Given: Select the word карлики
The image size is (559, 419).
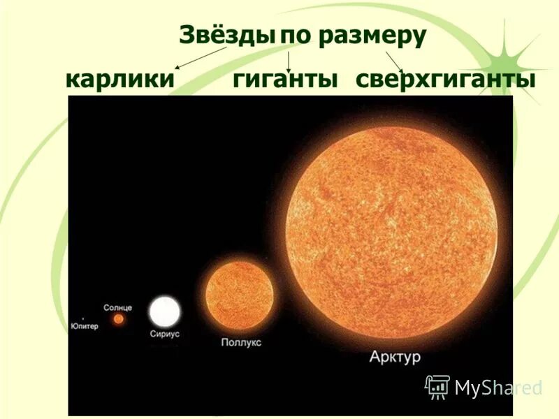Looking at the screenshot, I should (119, 79).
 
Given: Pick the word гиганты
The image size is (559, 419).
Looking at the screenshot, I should (285, 79).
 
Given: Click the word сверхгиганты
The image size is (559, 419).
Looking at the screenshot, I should (445, 79).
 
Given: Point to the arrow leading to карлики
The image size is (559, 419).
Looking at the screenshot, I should (201, 58).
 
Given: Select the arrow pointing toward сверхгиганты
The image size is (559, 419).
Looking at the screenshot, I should (395, 61).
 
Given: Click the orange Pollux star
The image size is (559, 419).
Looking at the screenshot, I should (239, 296).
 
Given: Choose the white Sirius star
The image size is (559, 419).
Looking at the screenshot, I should (165, 311).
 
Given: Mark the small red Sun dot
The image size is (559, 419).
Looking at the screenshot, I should (119, 319).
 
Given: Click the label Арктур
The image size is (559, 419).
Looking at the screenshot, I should (395, 358).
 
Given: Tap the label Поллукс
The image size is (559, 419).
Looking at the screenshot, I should (241, 342).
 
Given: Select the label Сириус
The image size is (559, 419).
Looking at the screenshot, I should (165, 335).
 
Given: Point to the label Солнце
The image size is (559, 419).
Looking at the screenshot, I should (117, 307).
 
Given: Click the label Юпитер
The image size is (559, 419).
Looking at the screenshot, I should (85, 325).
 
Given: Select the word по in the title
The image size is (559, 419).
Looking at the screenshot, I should (296, 36).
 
